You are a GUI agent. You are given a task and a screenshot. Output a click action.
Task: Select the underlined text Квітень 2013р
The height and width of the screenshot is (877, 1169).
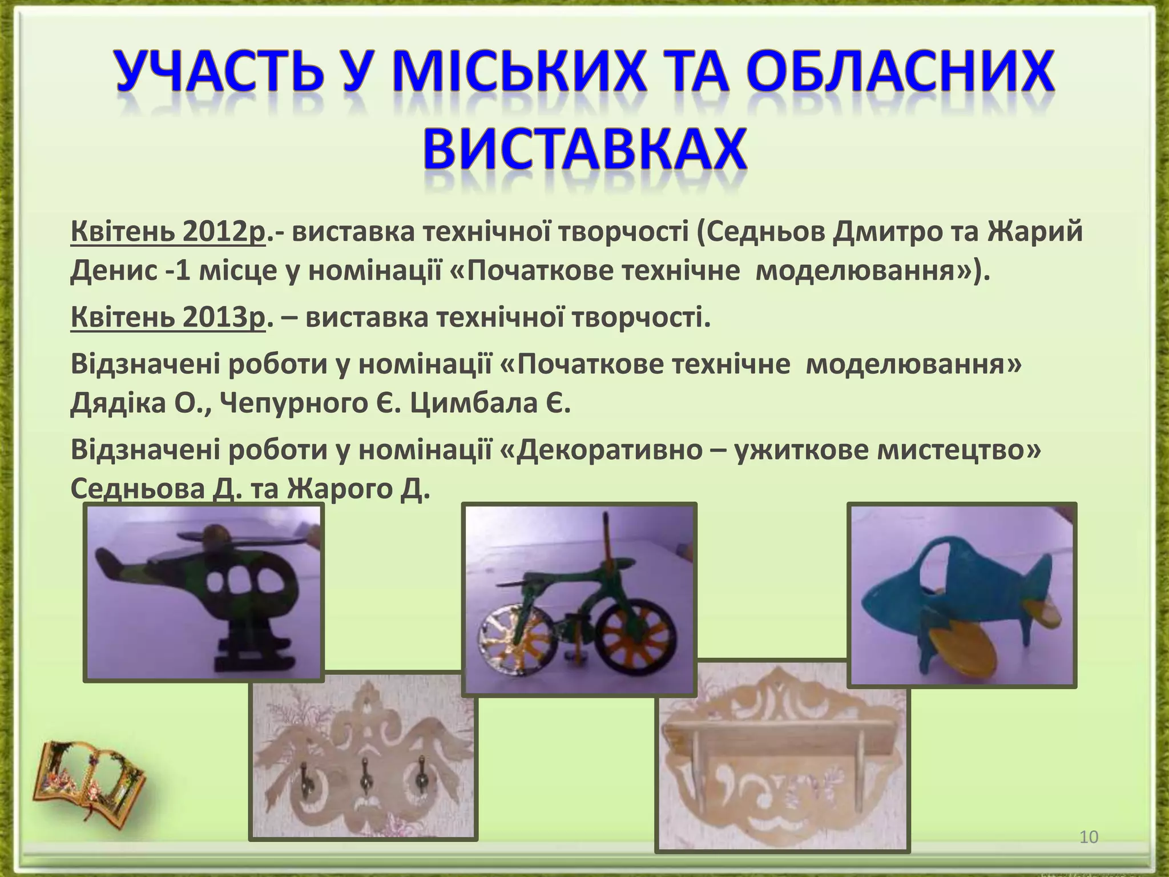tap(168, 317)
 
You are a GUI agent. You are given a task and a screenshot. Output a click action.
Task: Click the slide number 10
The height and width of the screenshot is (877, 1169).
tap(1089, 837)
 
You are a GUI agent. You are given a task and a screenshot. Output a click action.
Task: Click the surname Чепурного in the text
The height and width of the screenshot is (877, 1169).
tap(294, 404)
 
